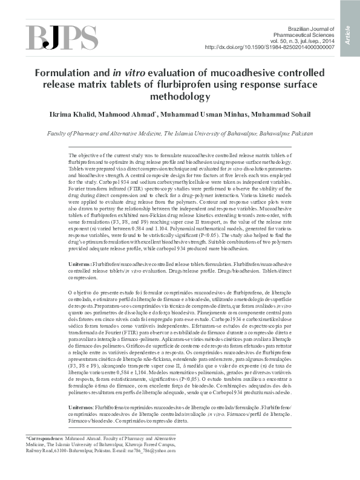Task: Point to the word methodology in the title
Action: (x=180, y=96)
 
